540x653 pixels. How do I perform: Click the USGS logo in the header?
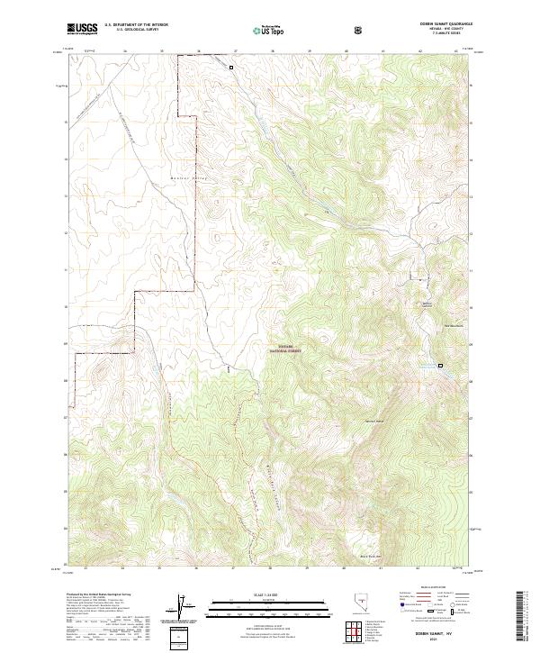(83, 30)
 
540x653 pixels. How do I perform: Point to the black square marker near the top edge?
(230, 67)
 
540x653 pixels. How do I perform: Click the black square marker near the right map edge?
(441, 365)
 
